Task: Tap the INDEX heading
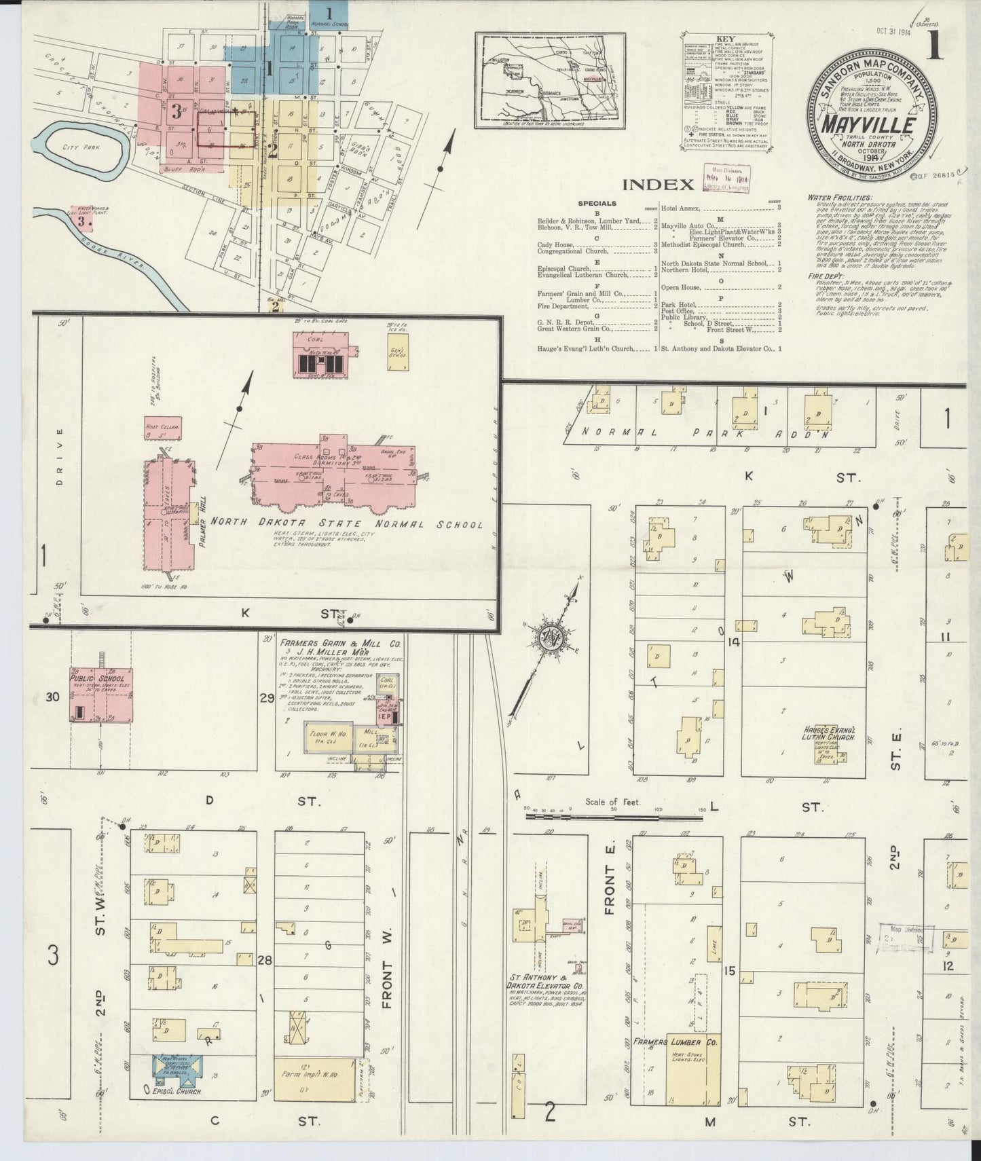point(658,184)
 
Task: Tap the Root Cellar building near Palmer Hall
point(157,426)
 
